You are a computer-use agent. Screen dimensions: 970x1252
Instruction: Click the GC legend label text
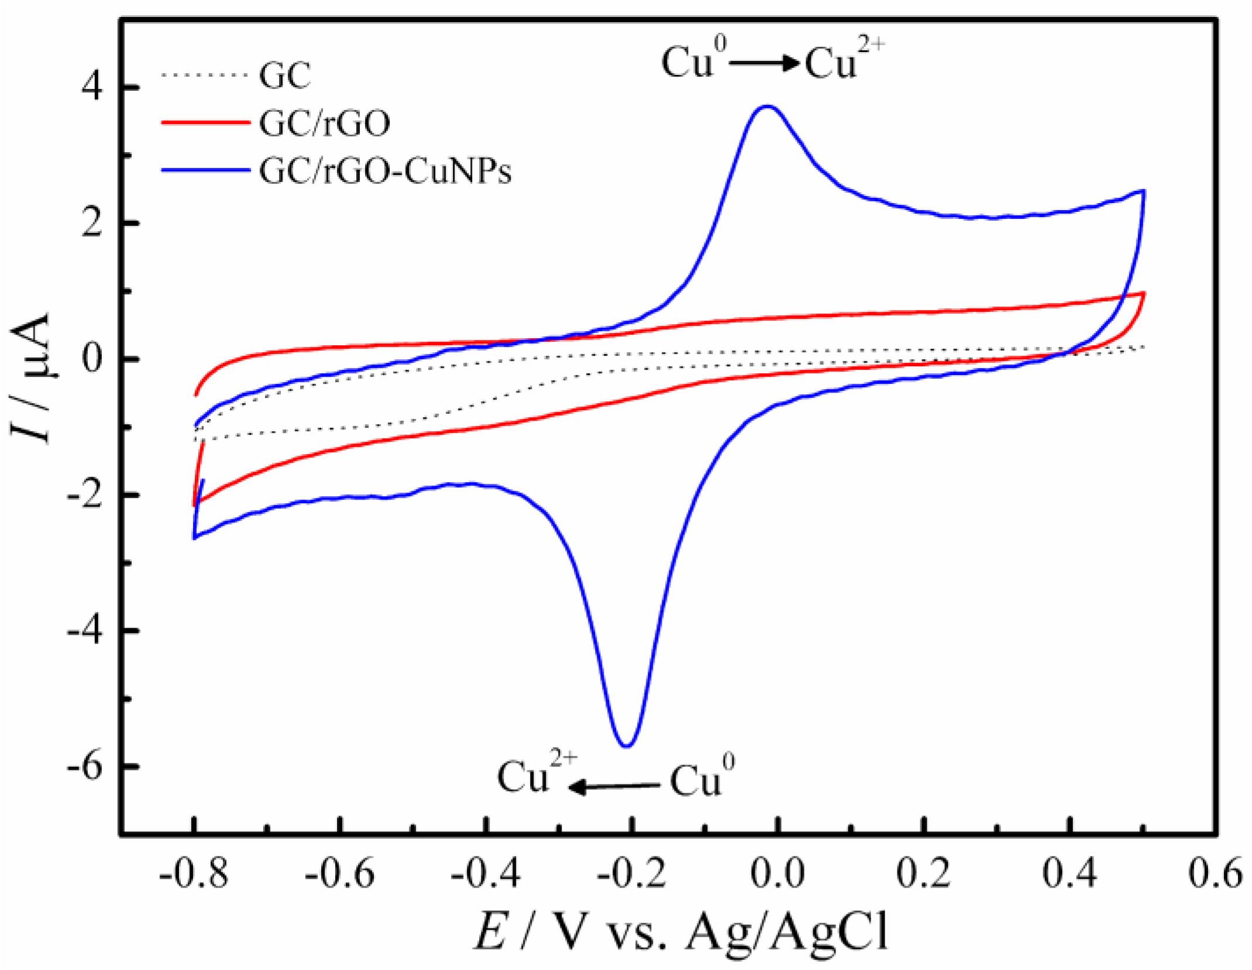click(285, 76)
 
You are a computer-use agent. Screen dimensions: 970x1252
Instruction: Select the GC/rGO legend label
click(325, 123)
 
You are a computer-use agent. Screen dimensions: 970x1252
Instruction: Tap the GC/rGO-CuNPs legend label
click(385, 171)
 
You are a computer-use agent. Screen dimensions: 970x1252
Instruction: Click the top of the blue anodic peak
click(767, 106)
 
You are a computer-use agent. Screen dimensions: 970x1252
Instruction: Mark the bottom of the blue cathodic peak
click(627, 746)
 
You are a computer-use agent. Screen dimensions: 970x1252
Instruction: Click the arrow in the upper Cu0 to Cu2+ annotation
click(764, 63)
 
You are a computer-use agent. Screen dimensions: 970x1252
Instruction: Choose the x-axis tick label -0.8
click(193, 873)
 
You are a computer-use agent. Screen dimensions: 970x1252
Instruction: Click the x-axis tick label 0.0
click(778, 873)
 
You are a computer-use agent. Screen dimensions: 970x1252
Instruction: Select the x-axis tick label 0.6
click(1215, 873)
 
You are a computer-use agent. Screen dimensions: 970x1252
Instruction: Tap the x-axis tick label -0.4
click(486, 873)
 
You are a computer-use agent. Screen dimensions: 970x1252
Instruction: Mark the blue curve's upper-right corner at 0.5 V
click(1143, 191)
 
